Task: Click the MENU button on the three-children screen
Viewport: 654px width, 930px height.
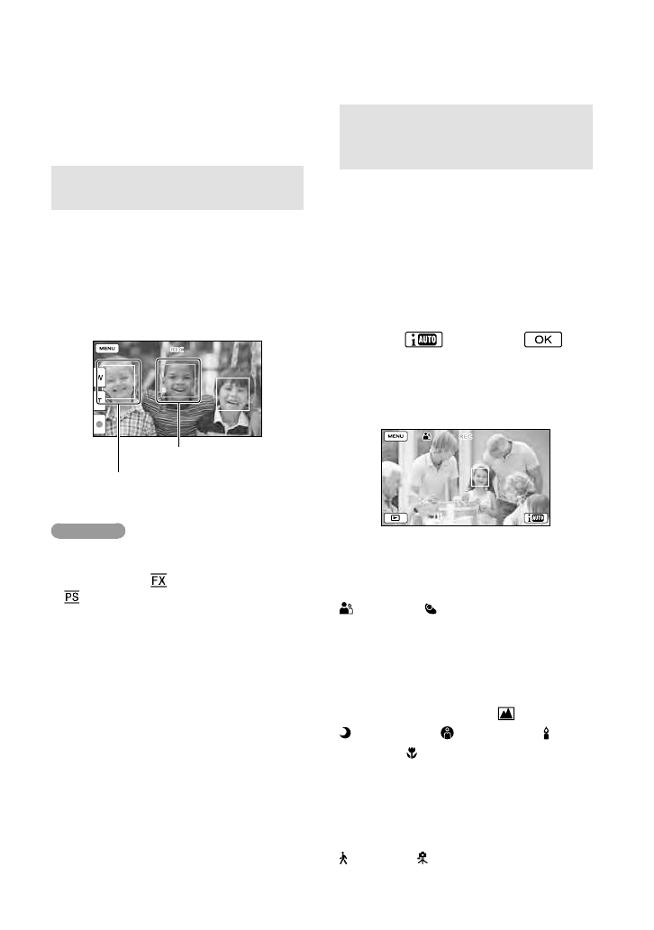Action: (x=107, y=347)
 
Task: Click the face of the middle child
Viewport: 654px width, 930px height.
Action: (x=178, y=380)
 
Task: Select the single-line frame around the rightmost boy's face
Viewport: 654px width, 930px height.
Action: (x=232, y=394)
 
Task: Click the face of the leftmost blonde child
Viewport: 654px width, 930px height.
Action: (x=119, y=382)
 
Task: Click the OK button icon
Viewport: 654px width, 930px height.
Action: (x=541, y=340)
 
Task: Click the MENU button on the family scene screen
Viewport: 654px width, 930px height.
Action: (x=395, y=435)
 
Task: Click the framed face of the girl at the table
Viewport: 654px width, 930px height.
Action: (x=480, y=476)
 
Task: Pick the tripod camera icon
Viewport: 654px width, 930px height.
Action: (x=421, y=861)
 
